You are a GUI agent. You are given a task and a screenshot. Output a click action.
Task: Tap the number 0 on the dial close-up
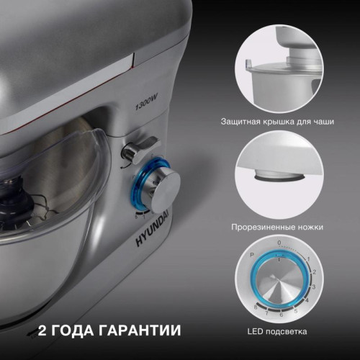(x=279, y=243)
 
